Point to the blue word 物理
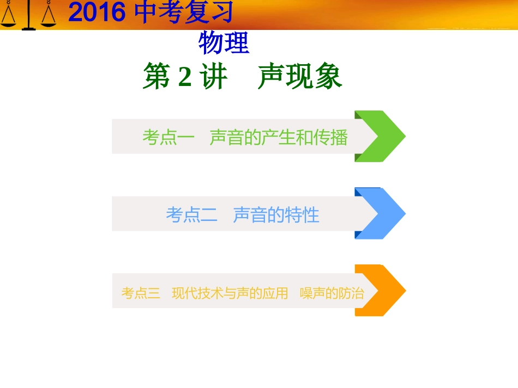[224, 43]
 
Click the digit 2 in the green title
[185, 77]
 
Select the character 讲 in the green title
[214, 77]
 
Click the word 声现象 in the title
[300, 77]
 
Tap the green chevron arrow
[380, 136]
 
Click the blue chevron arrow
[380, 213]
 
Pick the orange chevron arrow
[380, 291]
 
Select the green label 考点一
[168, 138]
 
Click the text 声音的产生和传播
[279, 138]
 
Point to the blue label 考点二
[191, 215]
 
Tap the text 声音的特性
[276, 215]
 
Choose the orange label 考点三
[141, 293]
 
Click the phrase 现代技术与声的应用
[230, 293]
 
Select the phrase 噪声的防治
[332, 293]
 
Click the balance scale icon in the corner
[28, 15]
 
